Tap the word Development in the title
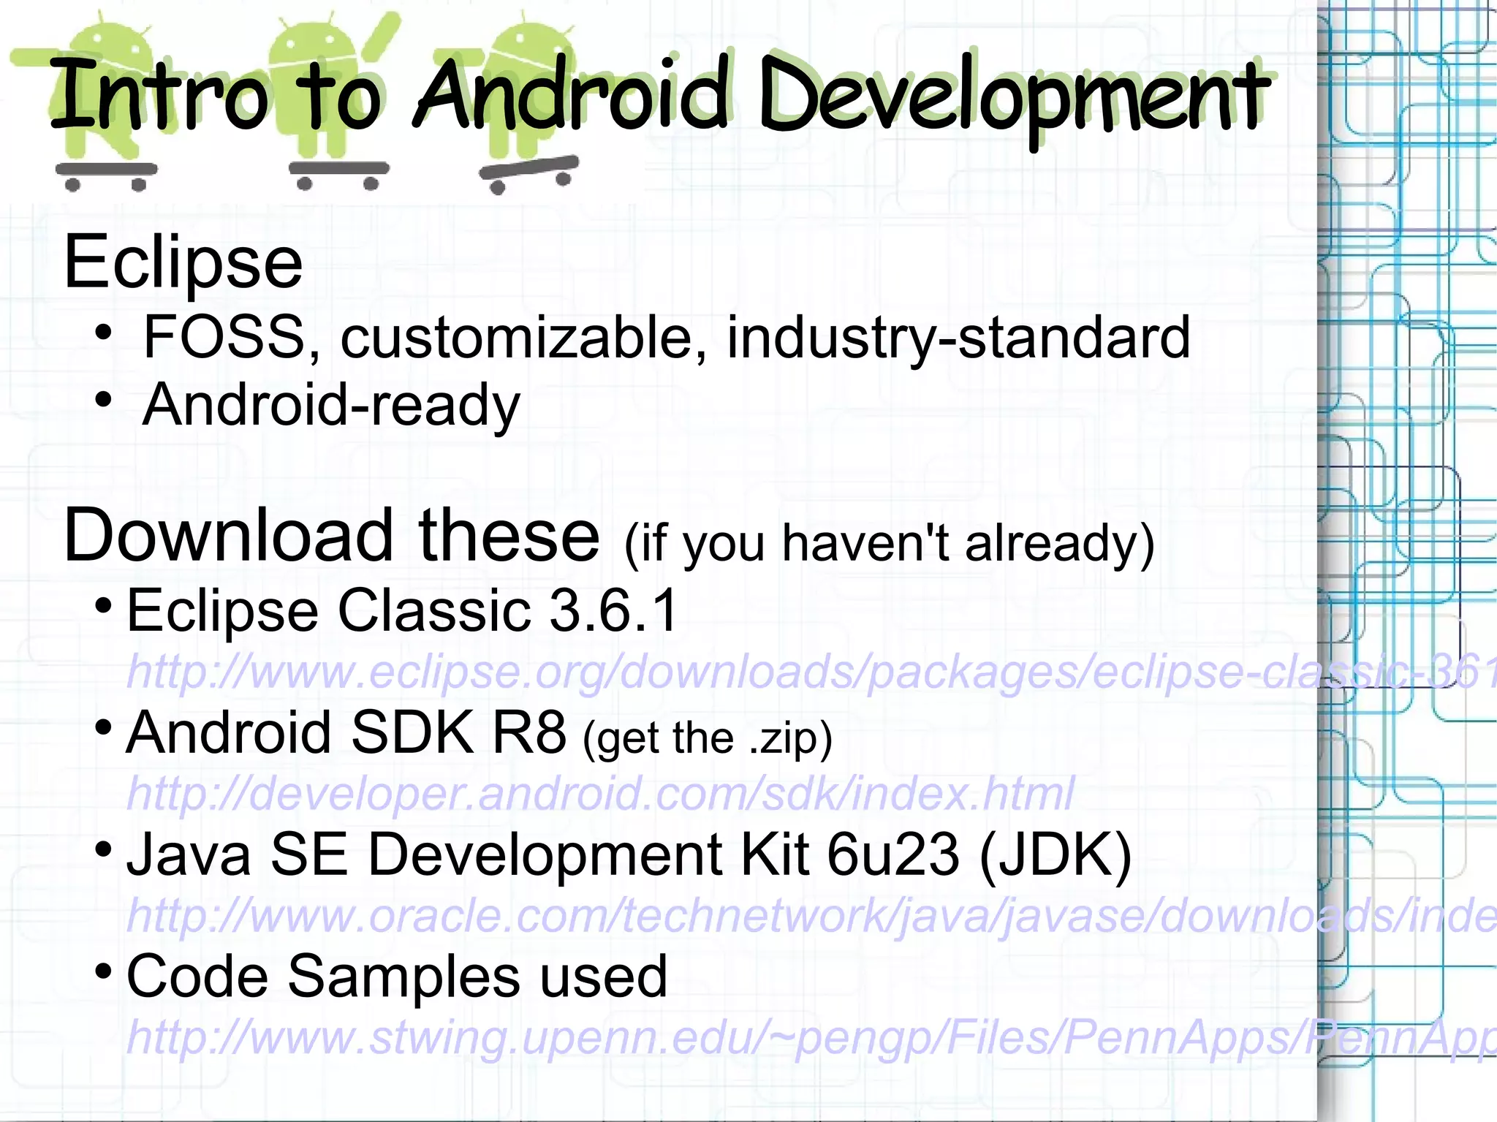[1013, 99]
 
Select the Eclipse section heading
[183, 262]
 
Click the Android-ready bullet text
[330, 405]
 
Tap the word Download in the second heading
[228, 536]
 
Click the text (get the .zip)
[707, 738]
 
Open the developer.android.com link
[599, 793]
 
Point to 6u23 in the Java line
[892, 854]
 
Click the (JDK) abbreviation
[1055, 854]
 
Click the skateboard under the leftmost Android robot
[106, 171]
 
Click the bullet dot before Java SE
[103, 849]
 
